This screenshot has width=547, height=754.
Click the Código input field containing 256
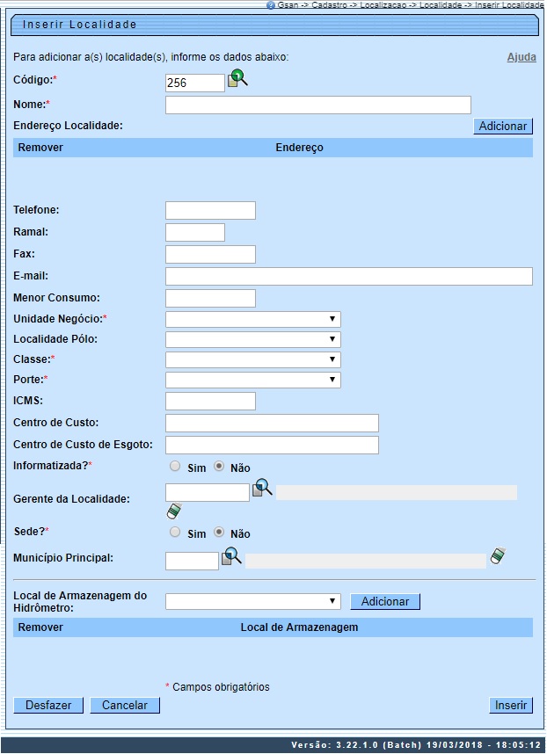[194, 83]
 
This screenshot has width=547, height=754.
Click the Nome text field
[317, 105]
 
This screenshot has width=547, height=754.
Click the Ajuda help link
[521, 57]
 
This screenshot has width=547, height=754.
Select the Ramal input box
[194, 233]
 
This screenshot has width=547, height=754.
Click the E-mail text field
[348, 277]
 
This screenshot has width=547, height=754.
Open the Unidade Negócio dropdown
[252, 319]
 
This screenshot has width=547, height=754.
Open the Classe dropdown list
[252, 359]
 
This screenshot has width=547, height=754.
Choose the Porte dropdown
[252, 380]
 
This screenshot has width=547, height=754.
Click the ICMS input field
[210, 402]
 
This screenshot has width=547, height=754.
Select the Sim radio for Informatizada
[175, 467]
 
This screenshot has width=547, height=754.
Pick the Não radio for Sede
[219, 532]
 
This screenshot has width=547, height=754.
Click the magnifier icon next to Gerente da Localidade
[263, 489]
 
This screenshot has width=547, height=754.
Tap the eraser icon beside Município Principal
[499, 556]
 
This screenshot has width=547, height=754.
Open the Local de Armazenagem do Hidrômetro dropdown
[252, 601]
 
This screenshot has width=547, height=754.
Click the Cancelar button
[125, 705]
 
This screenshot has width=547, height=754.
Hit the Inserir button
[511, 705]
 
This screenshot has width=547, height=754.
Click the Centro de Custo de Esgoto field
[272, 445]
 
